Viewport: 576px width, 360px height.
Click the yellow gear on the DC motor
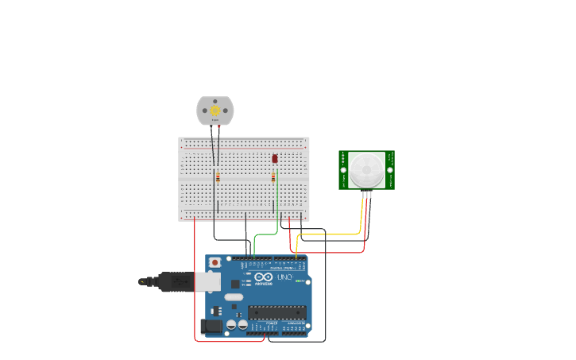(215, 111)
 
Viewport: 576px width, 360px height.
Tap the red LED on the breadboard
(275, 159)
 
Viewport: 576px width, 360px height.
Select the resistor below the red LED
(273, 178)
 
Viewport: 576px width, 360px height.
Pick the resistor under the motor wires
(218, 177)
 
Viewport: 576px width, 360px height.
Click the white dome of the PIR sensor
(366, 168)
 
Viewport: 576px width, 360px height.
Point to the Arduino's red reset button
(214, 262)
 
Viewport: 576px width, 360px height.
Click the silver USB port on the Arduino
(207, 281)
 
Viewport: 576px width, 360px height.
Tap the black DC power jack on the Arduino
(212, 325)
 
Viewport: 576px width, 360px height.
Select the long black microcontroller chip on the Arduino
(277, 312)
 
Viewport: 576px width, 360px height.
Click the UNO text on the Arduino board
(284, 277)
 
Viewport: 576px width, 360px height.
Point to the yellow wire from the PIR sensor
(334, 234)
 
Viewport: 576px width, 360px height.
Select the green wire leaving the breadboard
(266, 234)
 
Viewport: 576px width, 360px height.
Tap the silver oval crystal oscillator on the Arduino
(234, 297)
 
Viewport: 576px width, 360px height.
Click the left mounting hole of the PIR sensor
(344, 170)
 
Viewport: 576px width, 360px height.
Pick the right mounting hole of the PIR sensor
(390, 170)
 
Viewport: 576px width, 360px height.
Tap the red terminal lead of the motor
(219, 127)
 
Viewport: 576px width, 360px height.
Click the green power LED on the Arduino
(299, 281)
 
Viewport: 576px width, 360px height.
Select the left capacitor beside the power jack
(230, 324)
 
